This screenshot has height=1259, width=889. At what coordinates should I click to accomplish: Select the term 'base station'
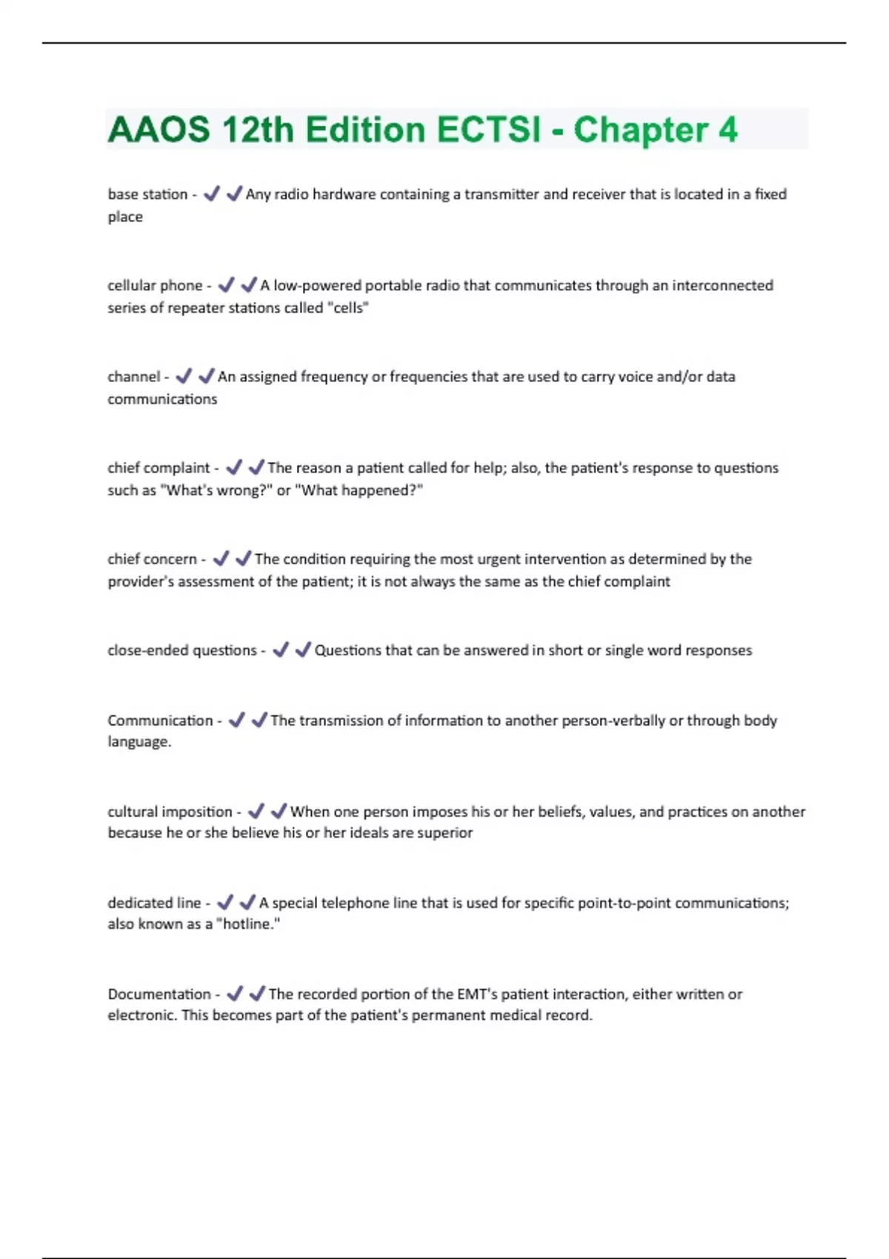tap(147, 194)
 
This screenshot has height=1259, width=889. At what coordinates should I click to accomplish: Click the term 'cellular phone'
tap(155, 285)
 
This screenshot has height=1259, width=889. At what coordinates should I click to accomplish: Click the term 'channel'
tap(133, 376)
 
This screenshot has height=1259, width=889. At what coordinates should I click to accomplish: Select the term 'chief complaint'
tap(159, 467)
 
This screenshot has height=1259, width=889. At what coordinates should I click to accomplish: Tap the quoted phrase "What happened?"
tap(359, 490)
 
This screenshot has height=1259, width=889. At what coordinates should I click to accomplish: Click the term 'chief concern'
tap(152, 558)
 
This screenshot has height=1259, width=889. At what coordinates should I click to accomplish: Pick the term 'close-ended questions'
tap(182, 649)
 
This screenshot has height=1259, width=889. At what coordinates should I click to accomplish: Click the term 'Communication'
tap(160, 720)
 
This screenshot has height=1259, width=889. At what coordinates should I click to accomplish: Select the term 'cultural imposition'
tap(170, 811)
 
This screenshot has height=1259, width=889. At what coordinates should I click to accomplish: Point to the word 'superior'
tap(444, 832)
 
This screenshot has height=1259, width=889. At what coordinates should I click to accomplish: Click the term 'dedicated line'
tap(154, 902)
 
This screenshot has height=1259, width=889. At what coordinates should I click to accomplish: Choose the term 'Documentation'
tap(159, 993)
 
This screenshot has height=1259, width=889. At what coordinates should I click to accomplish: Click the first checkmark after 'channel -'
tap(184, 376)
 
